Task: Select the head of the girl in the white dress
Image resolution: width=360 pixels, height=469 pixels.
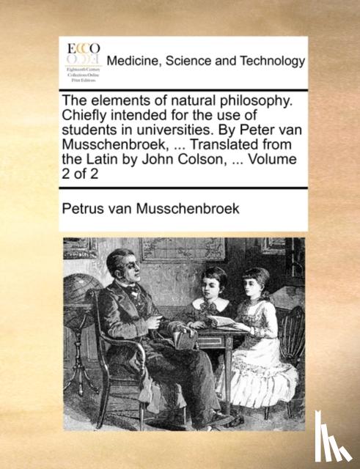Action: click(257, 282)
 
